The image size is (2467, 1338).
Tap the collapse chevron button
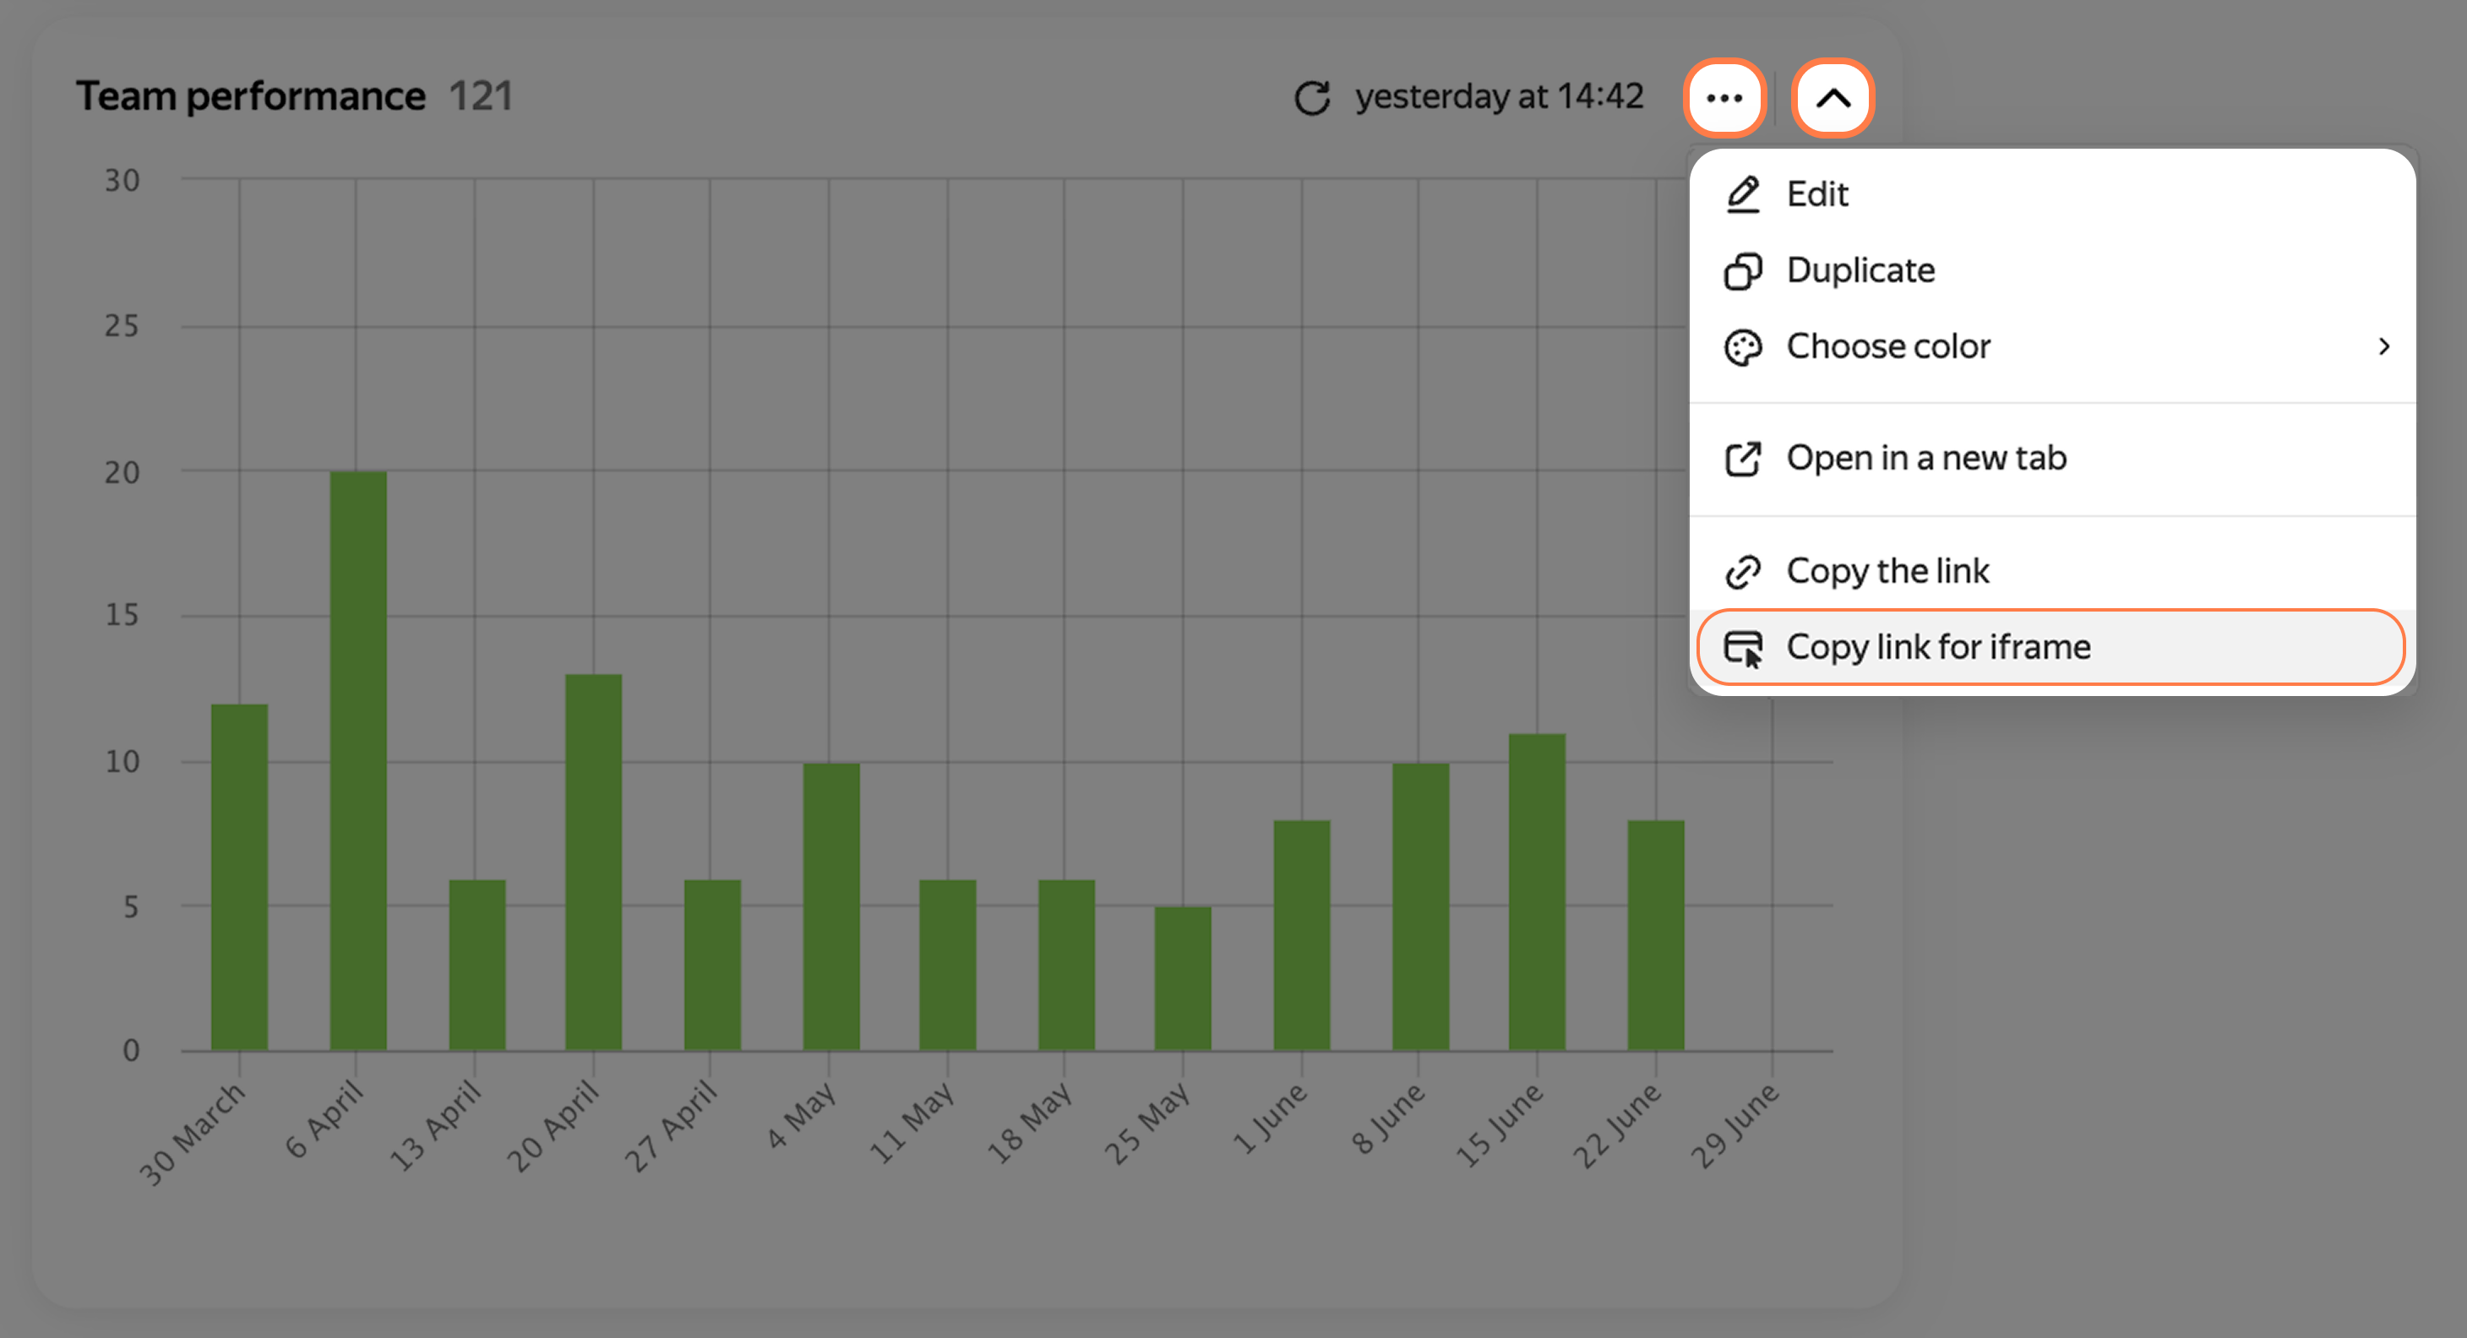(1833, 98)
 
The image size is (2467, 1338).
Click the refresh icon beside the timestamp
(1312, 98)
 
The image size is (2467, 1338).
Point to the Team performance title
(251, 95)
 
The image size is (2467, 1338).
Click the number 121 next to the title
(481, 95)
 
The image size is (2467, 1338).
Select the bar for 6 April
(358, 760)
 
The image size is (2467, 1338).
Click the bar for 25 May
(1183, 978)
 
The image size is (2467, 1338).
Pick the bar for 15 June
(1537, 892)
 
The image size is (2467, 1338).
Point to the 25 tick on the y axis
(122, 327)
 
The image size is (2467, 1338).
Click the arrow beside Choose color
(2383, 346)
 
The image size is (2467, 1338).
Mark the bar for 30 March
(239, 878)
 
